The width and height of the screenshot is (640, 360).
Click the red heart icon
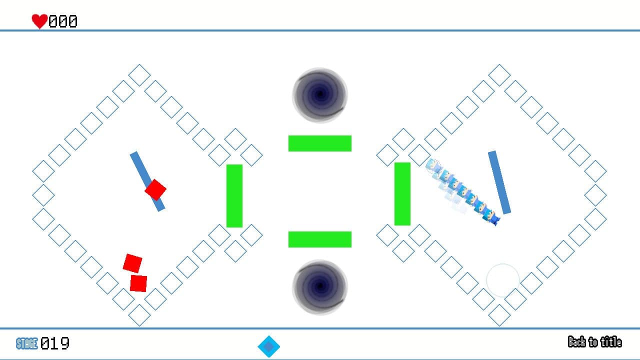[39, 21]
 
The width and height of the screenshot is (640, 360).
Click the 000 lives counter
[63, 21]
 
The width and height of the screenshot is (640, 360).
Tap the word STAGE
[26, 343]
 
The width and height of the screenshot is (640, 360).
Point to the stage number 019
[55, 343]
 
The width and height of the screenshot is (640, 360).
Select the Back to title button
[594, 342]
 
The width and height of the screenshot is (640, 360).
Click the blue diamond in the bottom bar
[269, 346]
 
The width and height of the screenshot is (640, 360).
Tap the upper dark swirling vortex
[320, 94]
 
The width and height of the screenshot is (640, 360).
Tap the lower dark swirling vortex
[320, 287]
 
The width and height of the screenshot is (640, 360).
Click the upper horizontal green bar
[320, 143]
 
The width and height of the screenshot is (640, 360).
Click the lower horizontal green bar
[320, 239]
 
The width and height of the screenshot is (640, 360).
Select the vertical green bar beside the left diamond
[234, 196]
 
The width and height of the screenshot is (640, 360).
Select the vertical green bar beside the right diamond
[402, 194]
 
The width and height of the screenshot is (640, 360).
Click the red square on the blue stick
[155, 190]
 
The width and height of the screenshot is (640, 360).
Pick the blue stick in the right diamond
[499, 182]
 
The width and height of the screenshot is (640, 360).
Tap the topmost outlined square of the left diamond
[139, 75]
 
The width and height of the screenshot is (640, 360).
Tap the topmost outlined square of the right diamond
[499, 75]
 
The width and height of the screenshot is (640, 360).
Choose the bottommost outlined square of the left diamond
[139, 315]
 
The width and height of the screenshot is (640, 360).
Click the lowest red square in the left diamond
[138, 283]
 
